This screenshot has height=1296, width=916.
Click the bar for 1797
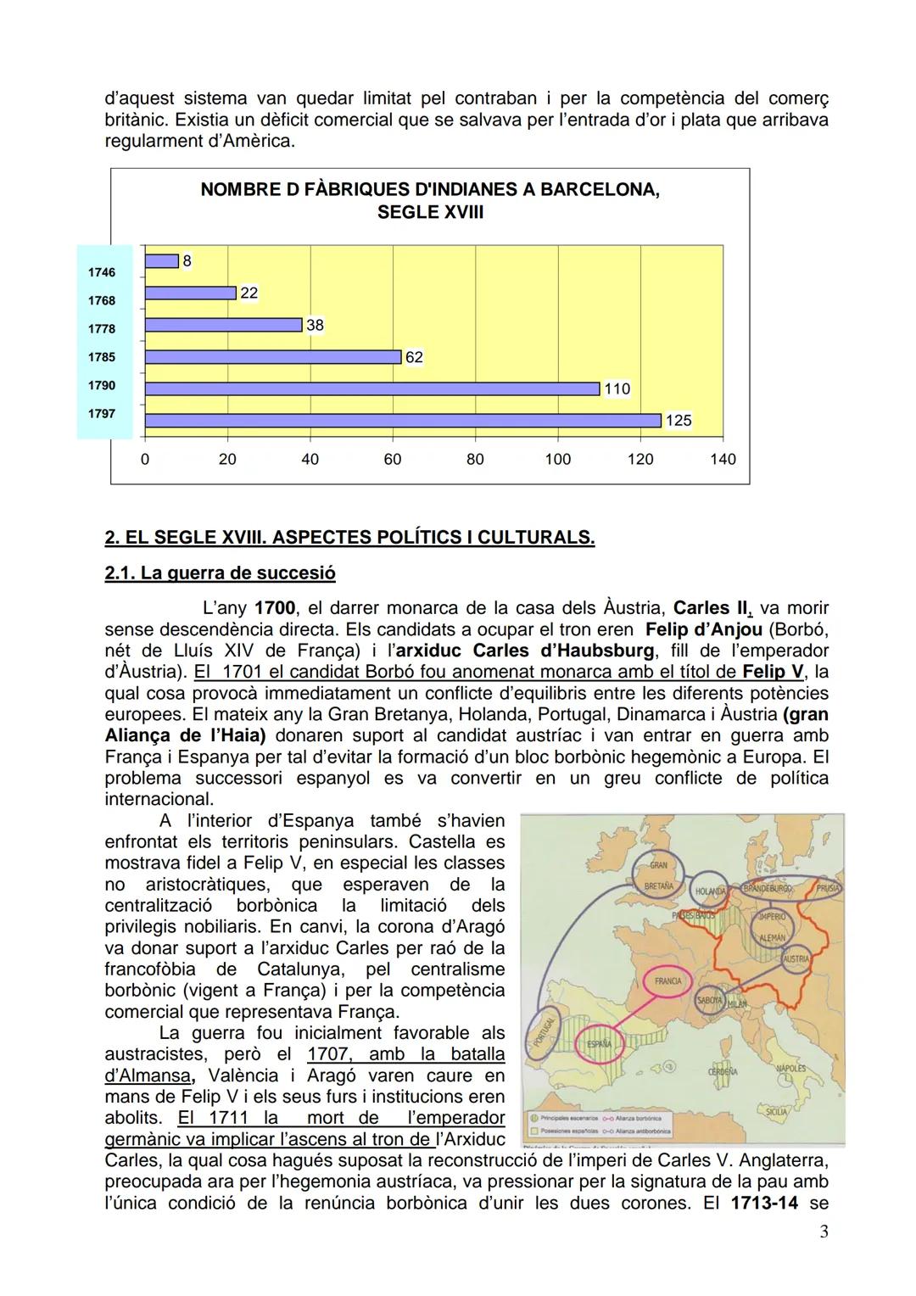(x=403, y=421)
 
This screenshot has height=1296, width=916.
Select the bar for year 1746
(x=162, y=261)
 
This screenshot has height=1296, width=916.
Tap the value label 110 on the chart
(x=617, y=388)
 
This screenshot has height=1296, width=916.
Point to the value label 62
(x=414, y=357)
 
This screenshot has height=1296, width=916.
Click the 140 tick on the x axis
(x=723, y=459)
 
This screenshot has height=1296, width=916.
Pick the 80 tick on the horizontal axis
(x=475, y=459)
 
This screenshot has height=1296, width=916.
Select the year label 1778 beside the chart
(x=102, y=329)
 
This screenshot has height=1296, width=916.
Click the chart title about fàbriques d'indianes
(x=430, y=200)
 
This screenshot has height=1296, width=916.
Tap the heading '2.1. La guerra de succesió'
(x=220, y=573)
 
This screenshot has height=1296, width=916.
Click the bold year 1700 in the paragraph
(x=275, y=608)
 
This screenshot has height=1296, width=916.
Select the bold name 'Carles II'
(x=712, y=608)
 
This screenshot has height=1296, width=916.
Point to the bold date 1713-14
(x=763, y=1203)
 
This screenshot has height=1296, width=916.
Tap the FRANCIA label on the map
(x=668, y=980)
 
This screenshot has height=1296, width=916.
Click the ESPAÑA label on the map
(x=599, y=1043)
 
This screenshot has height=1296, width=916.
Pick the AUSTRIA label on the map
(x=796, y=958)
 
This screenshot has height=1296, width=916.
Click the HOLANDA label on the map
(x=711, y=891)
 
